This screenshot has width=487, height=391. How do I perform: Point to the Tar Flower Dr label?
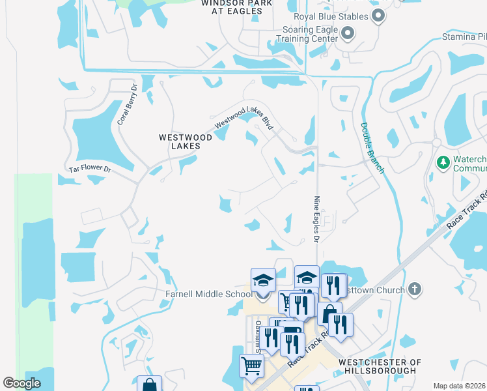tap(90, 171)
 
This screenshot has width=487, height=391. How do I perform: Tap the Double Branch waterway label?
tap(372, 149)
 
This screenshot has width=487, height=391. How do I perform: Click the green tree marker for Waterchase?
tap(443, 161)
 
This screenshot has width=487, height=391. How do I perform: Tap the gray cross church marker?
tap(414, 289)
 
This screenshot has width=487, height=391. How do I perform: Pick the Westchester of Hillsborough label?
tap(380, 366)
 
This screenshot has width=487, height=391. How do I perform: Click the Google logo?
tap(21, 383)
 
